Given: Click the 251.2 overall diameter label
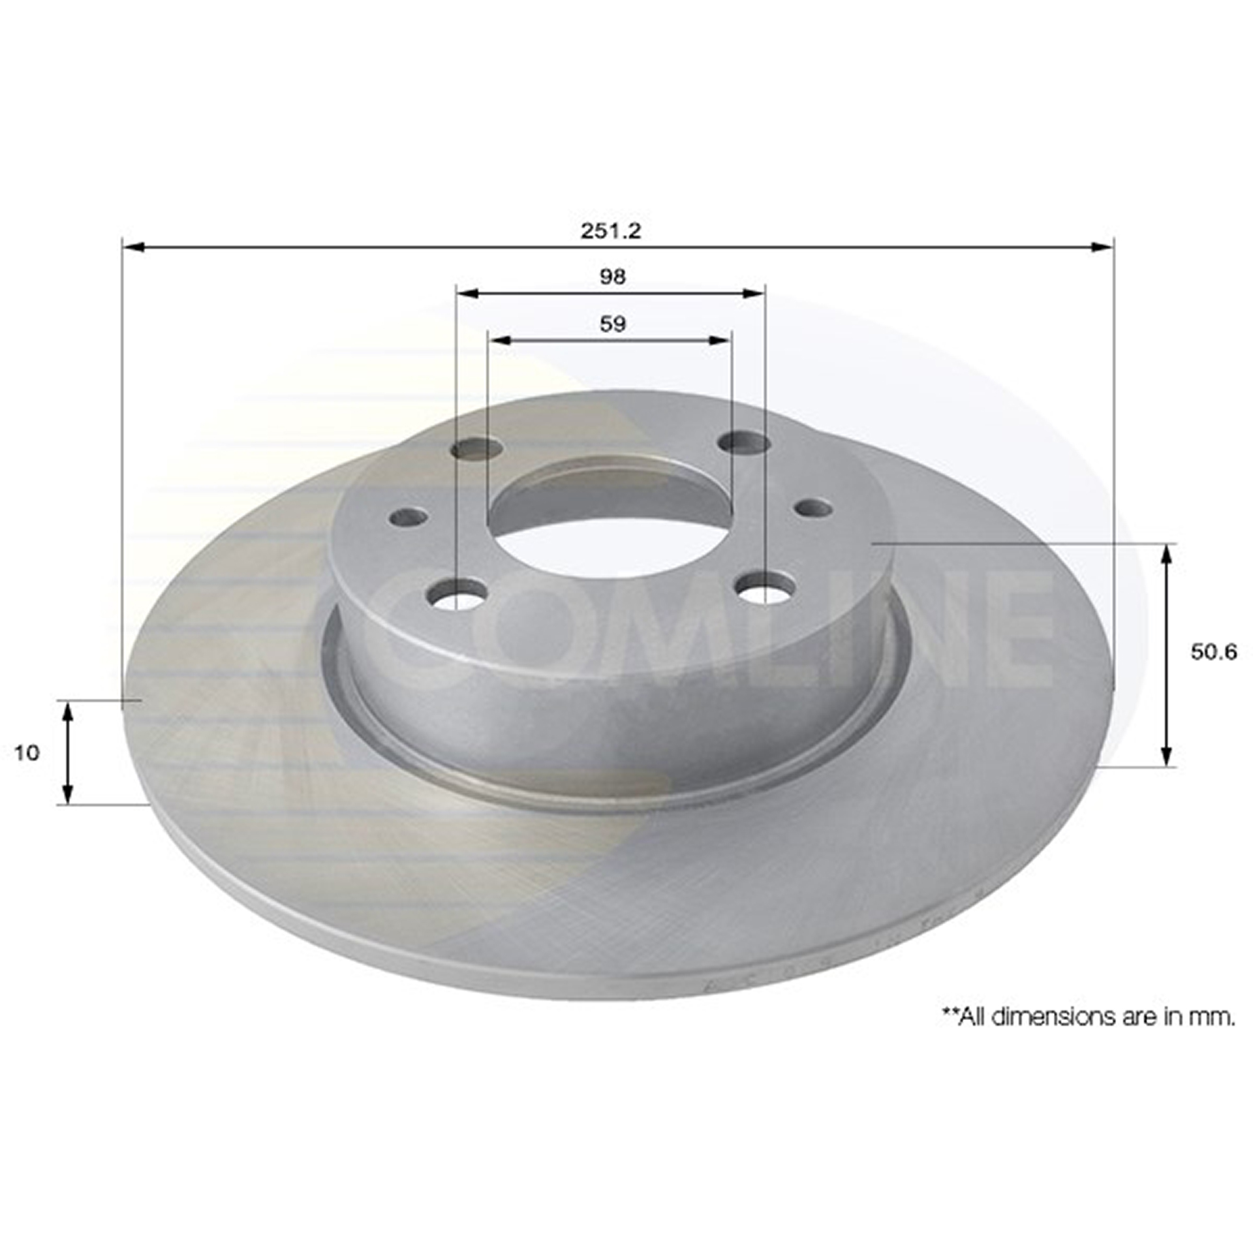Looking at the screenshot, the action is [611, 231].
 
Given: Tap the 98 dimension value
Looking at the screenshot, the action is [612, 277].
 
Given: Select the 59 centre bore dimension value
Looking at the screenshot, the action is [612, 324].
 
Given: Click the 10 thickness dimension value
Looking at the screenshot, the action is [27, 752].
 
